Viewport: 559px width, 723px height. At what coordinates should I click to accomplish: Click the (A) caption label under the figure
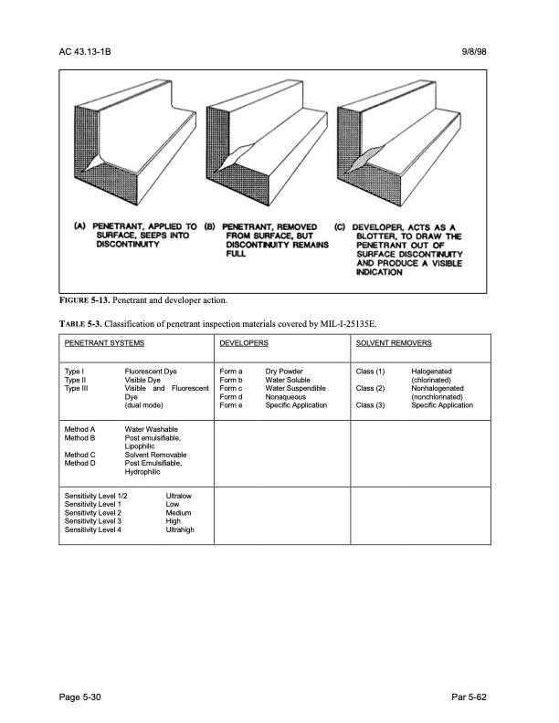(x=79, y=226)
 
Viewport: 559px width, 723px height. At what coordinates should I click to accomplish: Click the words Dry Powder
(x=285, y=372)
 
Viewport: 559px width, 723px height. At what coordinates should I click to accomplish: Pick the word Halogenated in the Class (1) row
(x=438, y=372)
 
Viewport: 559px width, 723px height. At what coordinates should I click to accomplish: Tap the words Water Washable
(x=151, y=429)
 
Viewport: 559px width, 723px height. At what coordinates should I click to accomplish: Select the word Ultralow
(x=180, y=496)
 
